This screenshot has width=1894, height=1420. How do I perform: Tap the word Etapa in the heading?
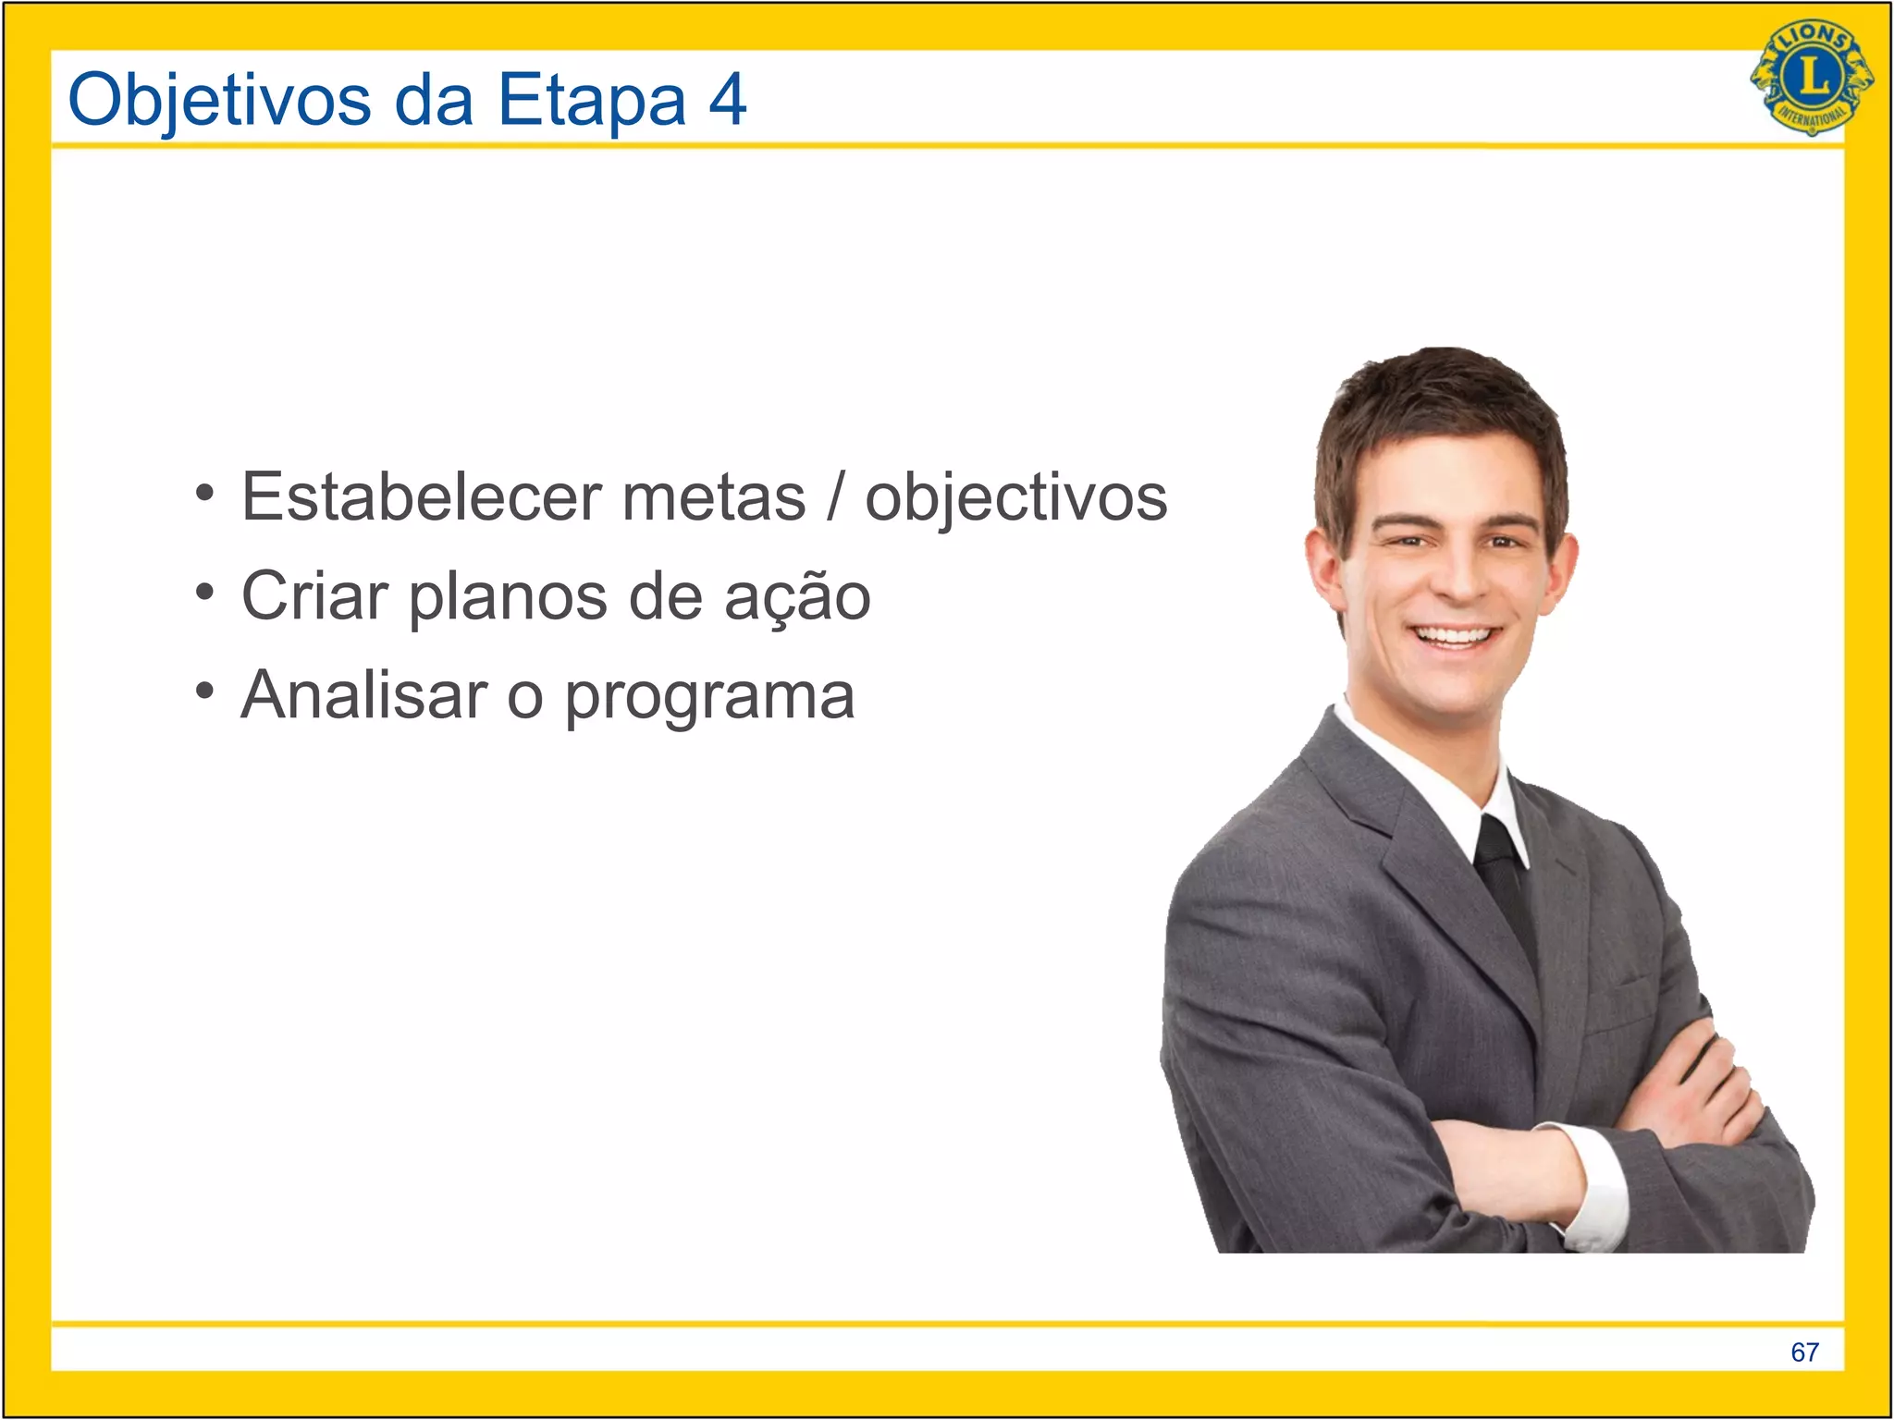592,100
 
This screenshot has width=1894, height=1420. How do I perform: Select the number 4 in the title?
728,99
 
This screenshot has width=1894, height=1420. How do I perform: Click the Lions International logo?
1812,78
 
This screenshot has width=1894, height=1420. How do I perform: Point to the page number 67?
1804,1353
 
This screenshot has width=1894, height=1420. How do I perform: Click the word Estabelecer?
422,497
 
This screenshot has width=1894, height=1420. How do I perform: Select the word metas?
714,499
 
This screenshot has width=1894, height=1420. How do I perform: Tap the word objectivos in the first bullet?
1015,499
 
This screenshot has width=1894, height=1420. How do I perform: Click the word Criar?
314,596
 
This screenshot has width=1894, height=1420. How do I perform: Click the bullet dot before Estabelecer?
205,492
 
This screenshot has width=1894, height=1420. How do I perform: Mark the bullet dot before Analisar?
205,690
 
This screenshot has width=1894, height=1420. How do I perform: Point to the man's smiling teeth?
1456,636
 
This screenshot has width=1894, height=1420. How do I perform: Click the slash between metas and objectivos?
835,497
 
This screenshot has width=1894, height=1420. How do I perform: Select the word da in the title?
434,100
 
